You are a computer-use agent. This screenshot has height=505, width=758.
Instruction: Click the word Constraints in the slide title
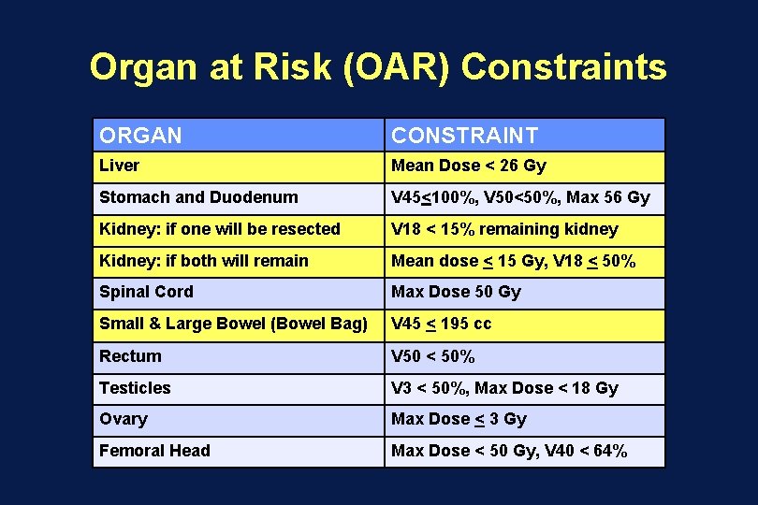click(x=564, y=67)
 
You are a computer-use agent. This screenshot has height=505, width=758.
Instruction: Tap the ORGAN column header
click(x=140, y=136)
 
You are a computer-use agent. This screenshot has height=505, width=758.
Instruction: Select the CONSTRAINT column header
click(x=464, y=136)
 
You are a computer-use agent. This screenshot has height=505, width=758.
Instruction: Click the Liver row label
click(x=119, y=166)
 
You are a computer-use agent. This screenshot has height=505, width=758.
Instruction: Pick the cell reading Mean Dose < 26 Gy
click(x=468, y=166)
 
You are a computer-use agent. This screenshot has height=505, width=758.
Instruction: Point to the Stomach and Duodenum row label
click(x=198, y=197)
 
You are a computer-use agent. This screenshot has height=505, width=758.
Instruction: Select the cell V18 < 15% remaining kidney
click(x=504, y=229)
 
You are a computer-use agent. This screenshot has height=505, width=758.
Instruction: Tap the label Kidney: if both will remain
click(x=203, y=261)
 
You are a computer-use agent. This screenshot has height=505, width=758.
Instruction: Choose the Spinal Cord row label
click(x=146, y=292)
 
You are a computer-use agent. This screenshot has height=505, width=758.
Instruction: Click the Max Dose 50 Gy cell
click(x=456, y=292)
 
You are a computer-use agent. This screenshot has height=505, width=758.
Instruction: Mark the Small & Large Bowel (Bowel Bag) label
click(x=233, y=325)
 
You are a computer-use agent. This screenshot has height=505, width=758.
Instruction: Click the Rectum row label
click(x=130, y=356)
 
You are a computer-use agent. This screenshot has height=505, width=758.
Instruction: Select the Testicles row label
click(x=135, y=388)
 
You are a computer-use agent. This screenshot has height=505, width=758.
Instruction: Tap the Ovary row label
click(x=123, y=419)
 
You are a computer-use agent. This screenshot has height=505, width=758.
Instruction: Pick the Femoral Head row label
click(x=154, y=451)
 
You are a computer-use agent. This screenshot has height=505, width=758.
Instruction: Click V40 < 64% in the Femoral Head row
click(x=591, y=451)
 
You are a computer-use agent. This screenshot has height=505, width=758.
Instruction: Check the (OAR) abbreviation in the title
click(x=398, y=67)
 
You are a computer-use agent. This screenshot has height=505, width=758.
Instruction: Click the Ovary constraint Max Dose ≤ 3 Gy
click(x=459, y=419)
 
